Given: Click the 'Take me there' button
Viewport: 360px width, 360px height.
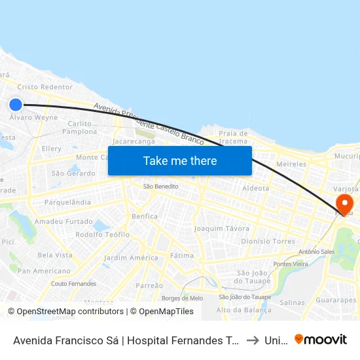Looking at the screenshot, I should (180, 160).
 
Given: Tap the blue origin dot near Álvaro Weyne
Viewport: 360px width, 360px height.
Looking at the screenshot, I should (16, 104).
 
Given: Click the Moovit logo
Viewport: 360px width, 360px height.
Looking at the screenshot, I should (321, 339).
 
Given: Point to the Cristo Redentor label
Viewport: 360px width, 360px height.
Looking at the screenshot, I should (45, 87).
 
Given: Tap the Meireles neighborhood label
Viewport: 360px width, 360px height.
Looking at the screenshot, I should (291, 164).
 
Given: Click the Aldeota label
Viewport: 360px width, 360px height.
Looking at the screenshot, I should (255, 188).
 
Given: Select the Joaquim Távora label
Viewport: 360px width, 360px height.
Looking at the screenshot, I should (222, 228).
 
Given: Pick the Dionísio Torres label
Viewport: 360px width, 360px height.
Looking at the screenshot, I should (268, 241).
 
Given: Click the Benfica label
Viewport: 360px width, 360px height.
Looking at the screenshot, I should (145, 216).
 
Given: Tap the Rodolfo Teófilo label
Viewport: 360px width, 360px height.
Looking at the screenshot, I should (102, 234).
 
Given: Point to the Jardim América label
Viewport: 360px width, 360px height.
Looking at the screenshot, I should (131, 257).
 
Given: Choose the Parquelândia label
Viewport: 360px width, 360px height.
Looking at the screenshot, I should (67, 202).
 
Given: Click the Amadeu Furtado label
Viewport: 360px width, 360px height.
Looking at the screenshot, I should (63, 222).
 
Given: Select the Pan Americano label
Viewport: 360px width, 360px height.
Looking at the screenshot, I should (44, 270).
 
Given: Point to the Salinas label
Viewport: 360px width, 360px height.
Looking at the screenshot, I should (292, 302).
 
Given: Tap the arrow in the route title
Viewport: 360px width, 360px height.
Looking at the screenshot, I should (252, 340).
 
